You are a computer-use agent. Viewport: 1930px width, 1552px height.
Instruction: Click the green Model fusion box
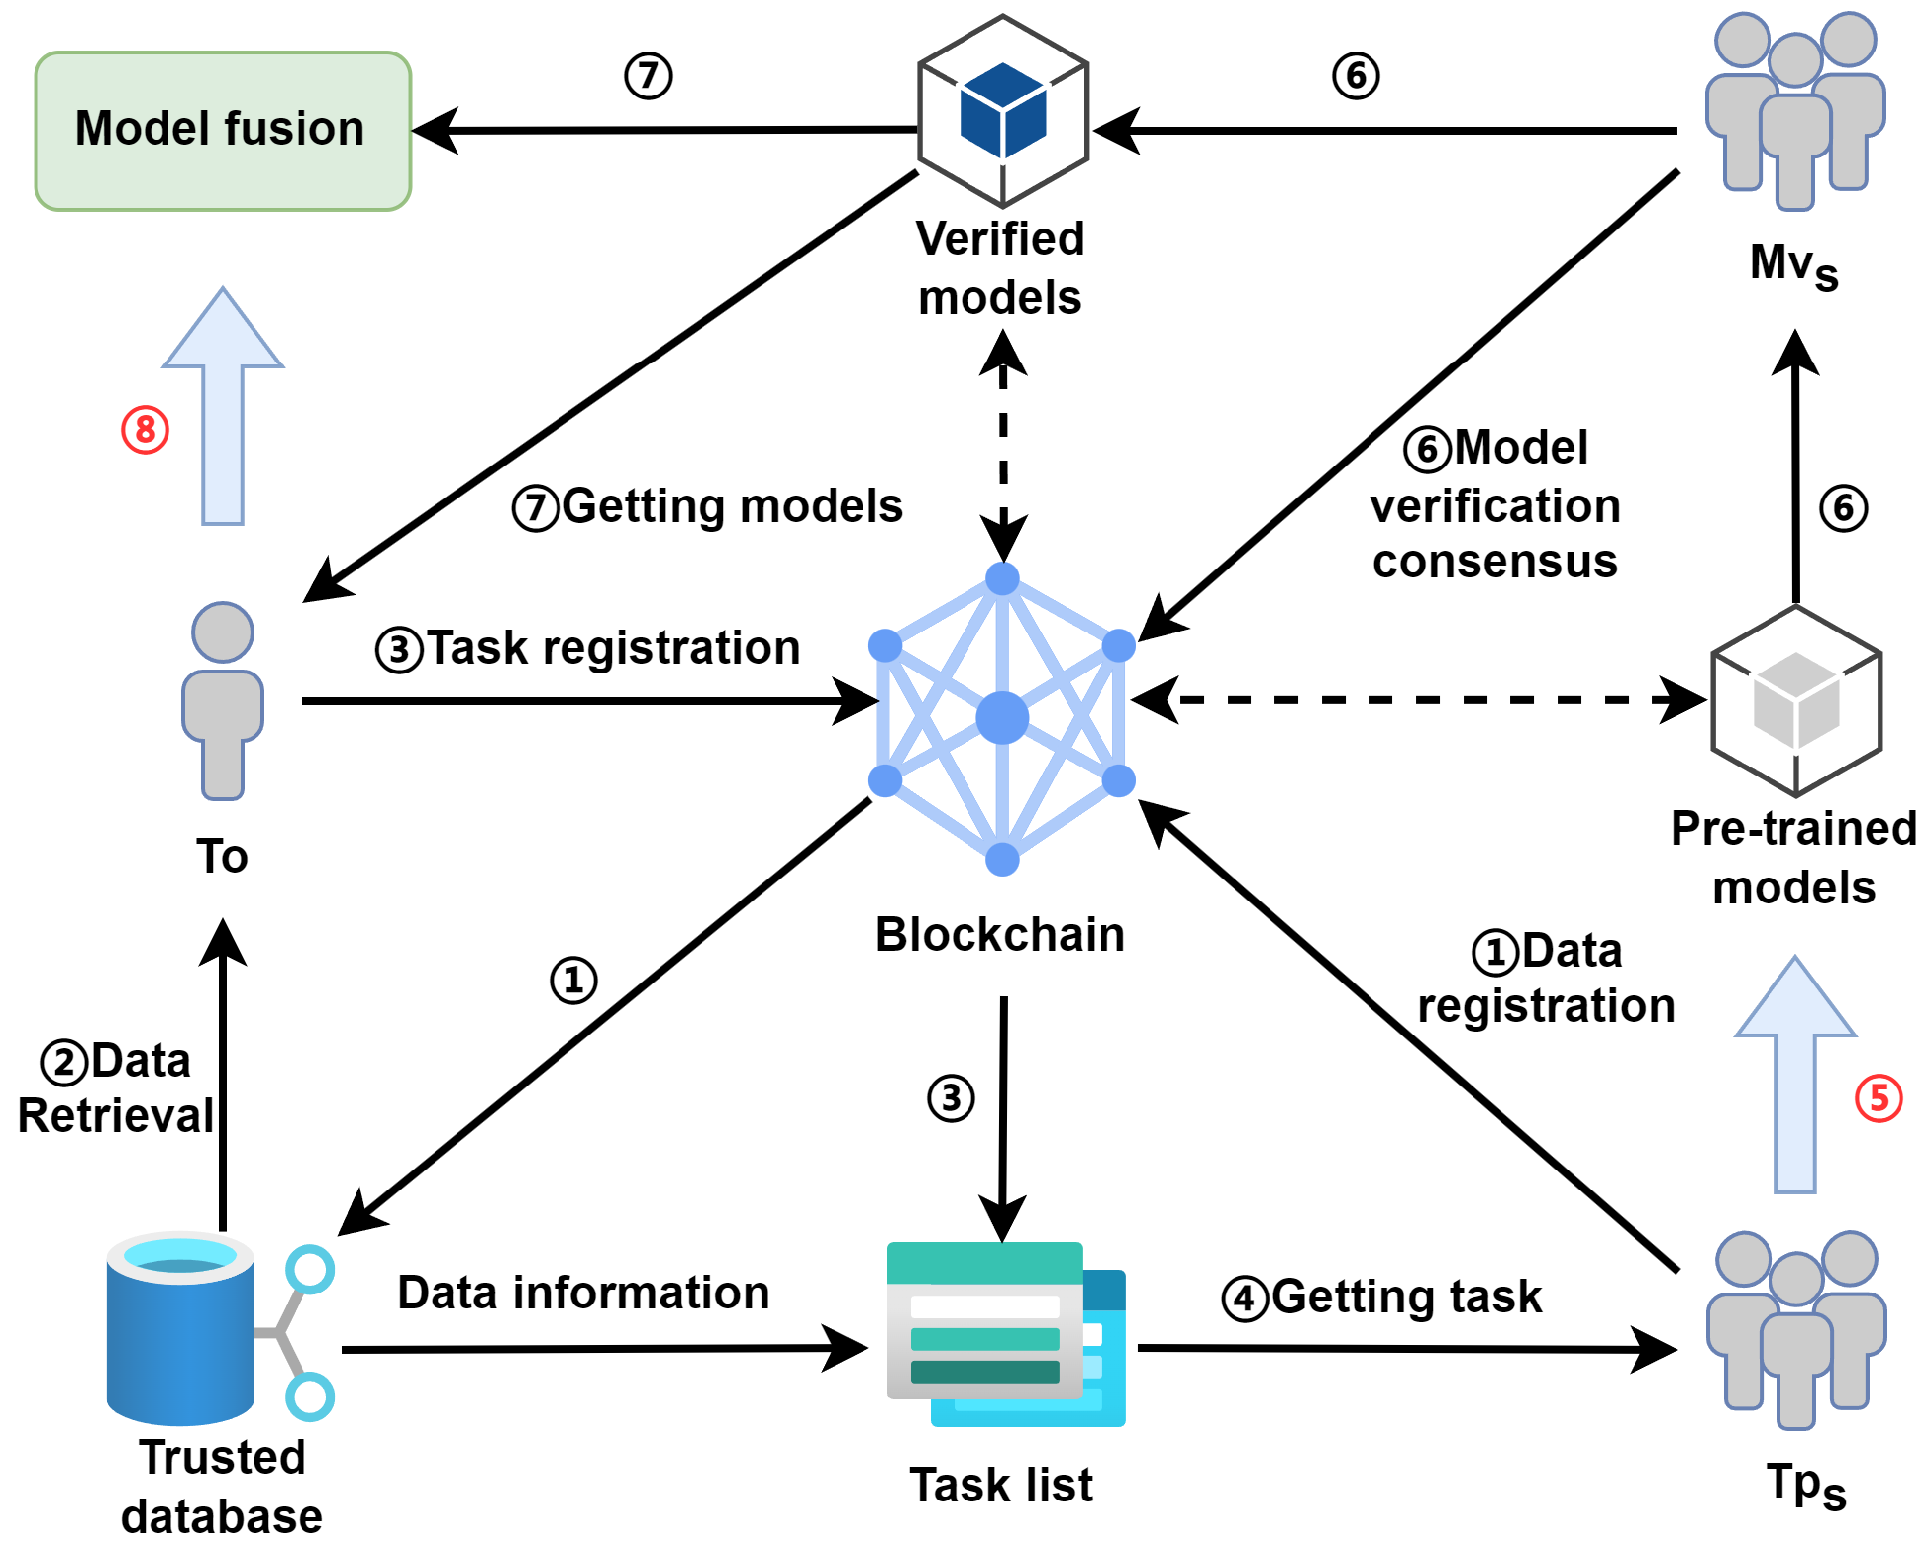223,131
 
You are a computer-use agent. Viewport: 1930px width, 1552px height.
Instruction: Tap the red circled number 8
146,430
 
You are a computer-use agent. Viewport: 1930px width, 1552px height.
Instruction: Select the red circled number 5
1878,1098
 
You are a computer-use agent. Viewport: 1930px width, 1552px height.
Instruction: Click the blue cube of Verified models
1003,111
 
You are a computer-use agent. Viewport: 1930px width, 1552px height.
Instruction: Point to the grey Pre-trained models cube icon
1795,701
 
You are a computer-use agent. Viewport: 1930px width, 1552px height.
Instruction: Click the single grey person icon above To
223,700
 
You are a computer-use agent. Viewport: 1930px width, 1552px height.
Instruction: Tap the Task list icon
1004,1333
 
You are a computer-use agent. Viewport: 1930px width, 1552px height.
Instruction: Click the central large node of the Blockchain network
1002,718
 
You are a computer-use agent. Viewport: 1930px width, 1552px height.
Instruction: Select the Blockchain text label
1000,935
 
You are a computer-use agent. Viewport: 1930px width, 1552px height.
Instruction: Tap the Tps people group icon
1795,1329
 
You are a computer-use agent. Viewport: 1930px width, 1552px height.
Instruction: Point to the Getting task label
1405,1296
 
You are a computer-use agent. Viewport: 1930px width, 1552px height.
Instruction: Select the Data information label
583,1293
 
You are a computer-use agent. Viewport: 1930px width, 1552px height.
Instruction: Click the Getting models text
732,506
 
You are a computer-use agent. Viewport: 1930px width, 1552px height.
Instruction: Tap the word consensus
1494,562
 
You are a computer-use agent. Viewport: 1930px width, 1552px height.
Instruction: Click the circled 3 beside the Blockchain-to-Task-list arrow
951,1097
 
